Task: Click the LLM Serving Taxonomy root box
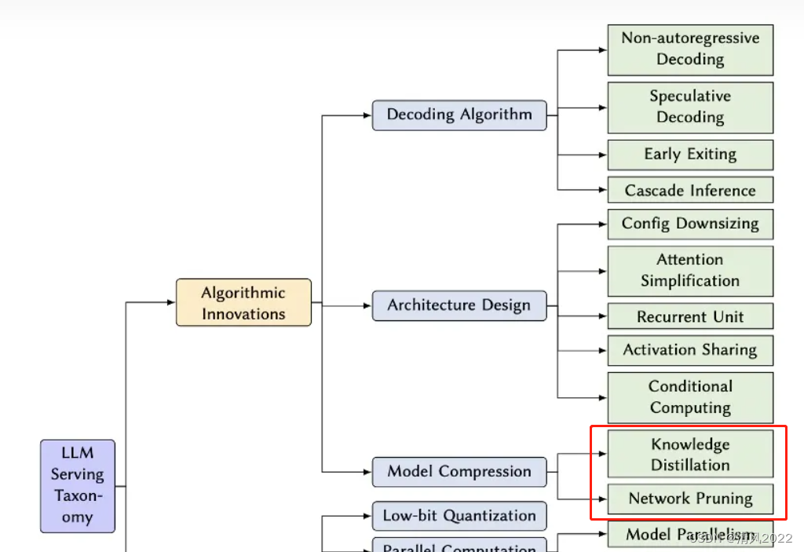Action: click(78, 485)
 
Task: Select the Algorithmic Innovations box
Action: click(243, 303)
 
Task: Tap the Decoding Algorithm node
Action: click(459, 115)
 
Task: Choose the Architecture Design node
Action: click(459, 305)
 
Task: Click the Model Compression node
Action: click(459, 472)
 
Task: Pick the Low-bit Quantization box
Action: click(459, 516)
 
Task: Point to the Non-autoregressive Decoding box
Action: click(690, 49)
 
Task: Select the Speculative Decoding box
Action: click(690, 107)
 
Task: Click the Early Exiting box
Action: click(690, 154)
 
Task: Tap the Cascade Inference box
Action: click(690, 190)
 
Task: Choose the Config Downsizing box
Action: click(690, 224)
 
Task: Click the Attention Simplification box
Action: click(690, 270)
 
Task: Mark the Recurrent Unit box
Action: click(690, 316)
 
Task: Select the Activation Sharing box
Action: click(690, 350)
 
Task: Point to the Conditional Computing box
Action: click(690, 397)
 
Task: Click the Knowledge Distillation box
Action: click(690, 455)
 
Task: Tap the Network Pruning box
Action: click(690, 499)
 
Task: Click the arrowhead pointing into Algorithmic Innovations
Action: click(171, 302)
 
